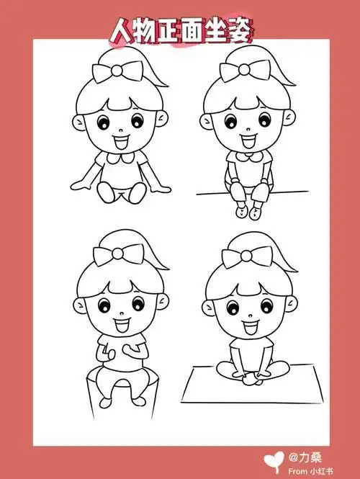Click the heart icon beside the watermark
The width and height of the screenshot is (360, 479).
274,460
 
